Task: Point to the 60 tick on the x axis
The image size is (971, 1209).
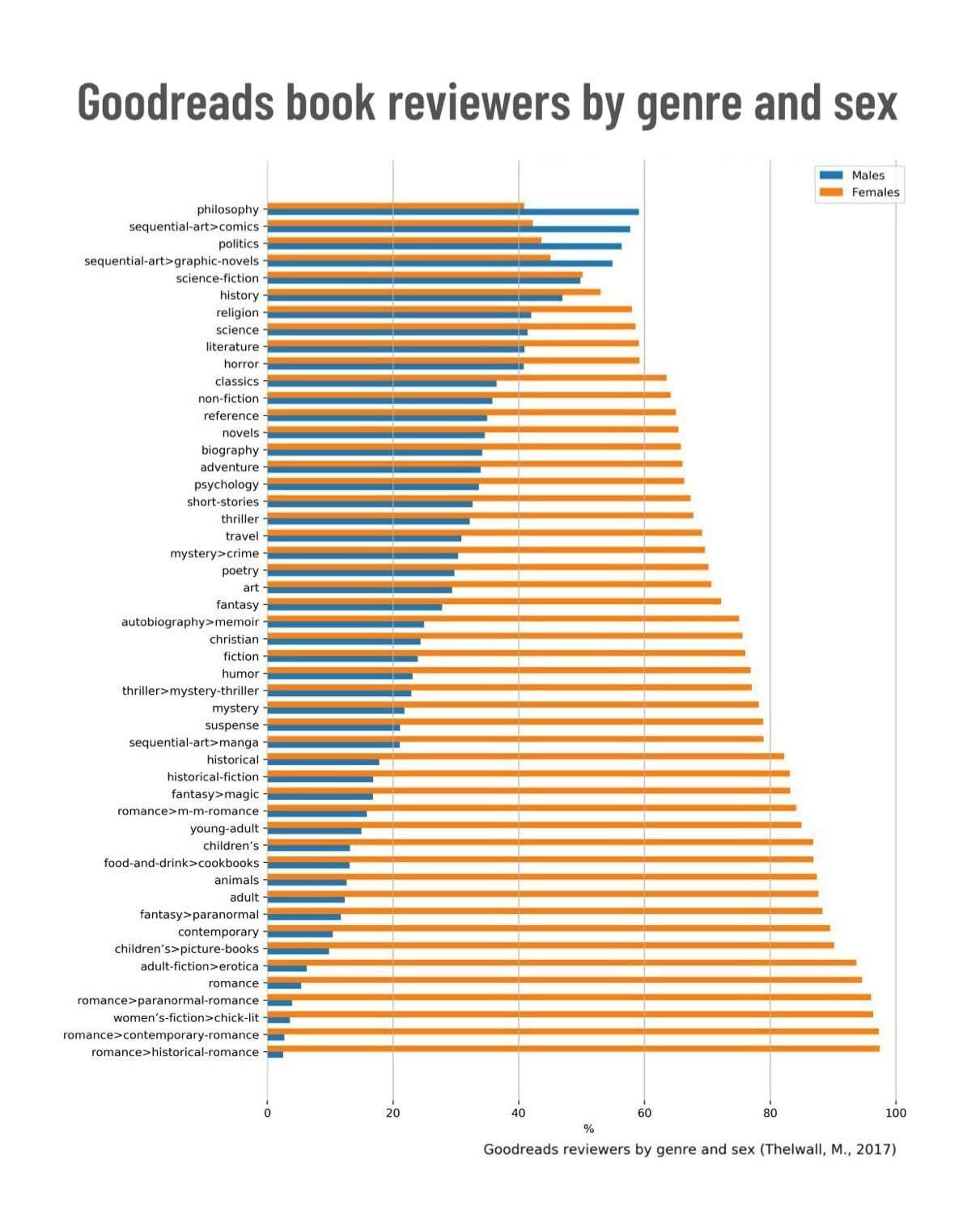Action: click(x=644, y=1113)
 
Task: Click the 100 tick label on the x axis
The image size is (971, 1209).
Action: click(x=896, y=1113)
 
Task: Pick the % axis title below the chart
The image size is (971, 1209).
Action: click(x=588, y=1129)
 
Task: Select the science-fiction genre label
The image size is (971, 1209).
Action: click(x=217, y=278)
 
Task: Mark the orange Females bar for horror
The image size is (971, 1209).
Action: click(x=453, y=361)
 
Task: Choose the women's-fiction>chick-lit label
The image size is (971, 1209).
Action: click(x=185, y=1018)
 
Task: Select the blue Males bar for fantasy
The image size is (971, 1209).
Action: click(x=354, y=607)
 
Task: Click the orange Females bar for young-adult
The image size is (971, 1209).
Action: click(x=534, y=825)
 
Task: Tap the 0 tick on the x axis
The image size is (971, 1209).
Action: click(x=267, y=1113)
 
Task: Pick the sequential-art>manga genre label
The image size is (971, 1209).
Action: click(x=193, y=742)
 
